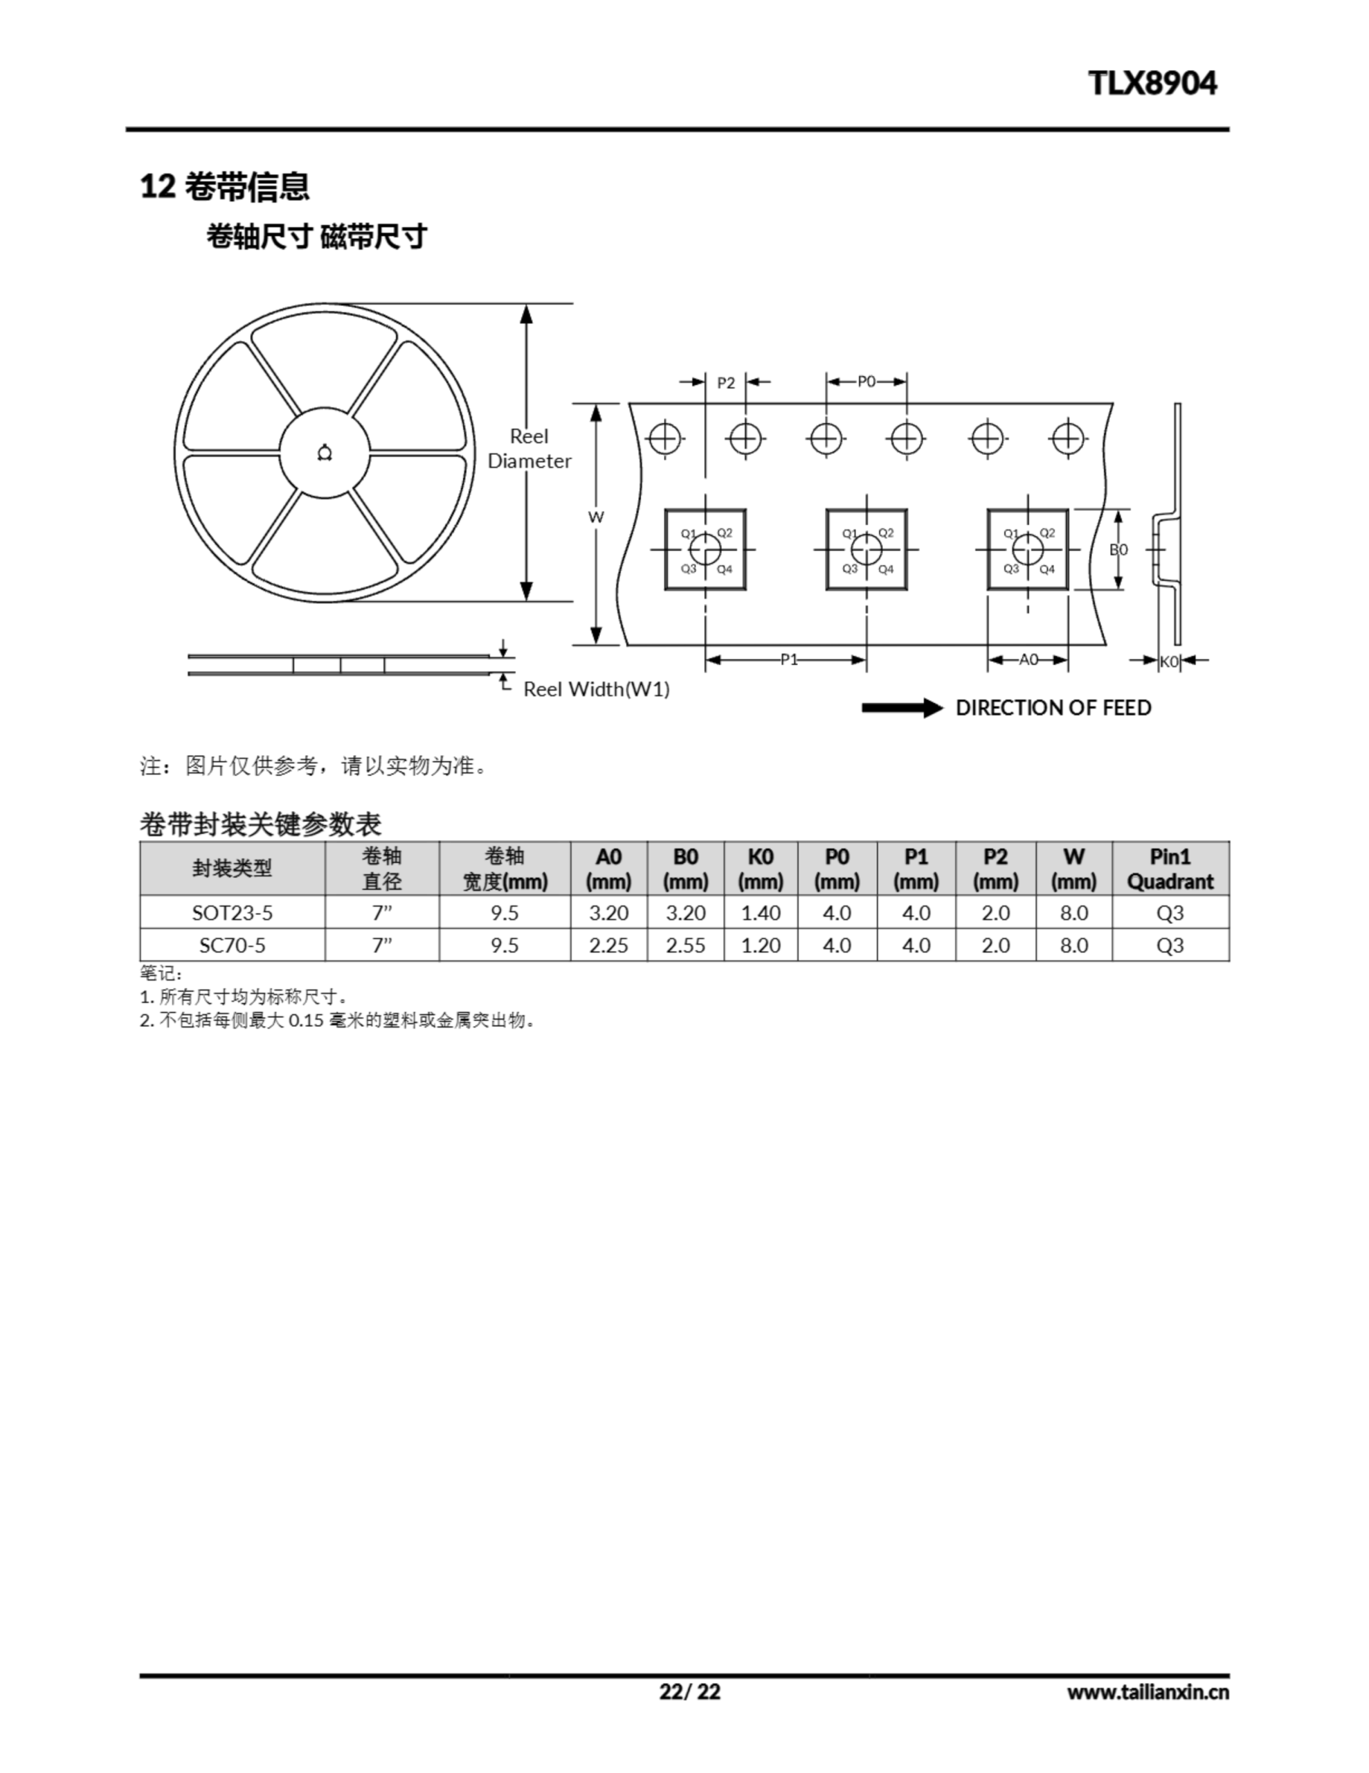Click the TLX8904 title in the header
tap(1152, 83)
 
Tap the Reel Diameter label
tap(529, 449)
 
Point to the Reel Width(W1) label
tap(597, 689)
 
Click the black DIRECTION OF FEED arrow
tap(903, 708)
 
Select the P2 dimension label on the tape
tap(725, 383)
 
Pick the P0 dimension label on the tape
tap(867, 382)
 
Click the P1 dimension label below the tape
tap(789, 660)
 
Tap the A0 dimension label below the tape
tap(1028, 659)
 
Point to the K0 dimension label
tap(1168, 661)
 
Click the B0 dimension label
tap(1118, 550)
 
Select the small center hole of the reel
tap(325, 453)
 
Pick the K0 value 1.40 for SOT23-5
tap(761, 914)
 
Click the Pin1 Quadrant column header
tap(1170, 868)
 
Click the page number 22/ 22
tap(690, 1692)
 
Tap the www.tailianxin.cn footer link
tap(1148, 1693)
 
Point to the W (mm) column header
tap(1073, 868)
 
